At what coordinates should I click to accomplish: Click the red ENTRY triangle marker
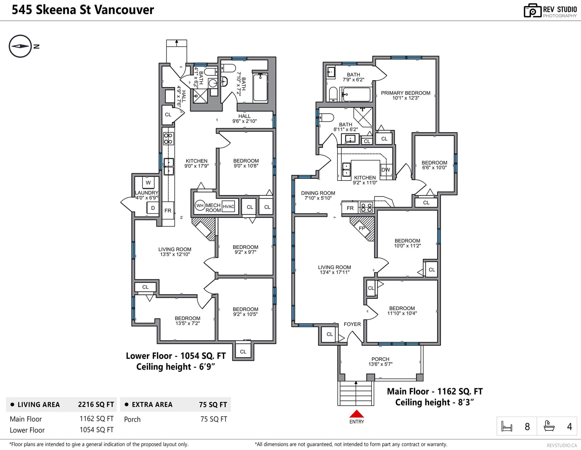[x=357, y=414]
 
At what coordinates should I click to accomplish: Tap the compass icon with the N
[x=21, y=46]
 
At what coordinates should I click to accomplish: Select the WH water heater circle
[x=200, y=206]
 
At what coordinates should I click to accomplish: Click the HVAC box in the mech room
[x=228, y=206]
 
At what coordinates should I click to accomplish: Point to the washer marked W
[x=148, y=183]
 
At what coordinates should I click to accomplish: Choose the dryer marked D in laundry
[x=153, y=208]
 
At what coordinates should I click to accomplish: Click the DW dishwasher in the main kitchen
[x=386, y=170]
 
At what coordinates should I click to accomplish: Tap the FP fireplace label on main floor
[x=362, y=228]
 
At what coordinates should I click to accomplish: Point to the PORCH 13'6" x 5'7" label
[x=380, y=361]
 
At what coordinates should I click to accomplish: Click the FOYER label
[x=352, y=324]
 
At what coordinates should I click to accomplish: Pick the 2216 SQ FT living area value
[x=96, y=405]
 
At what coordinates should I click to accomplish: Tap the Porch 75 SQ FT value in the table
[x=214, y=419]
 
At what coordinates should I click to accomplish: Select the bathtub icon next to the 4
[x=549, y=426]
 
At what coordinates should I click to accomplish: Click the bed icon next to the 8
[x=507, y=426]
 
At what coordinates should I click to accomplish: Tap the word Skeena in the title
[x=56, y=10]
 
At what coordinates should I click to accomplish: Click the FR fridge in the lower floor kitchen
[x=168, y=211]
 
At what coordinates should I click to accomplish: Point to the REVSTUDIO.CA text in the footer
[x=562, y=445]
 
